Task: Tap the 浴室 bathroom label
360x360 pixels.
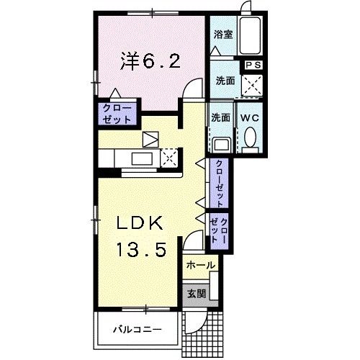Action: pos(222,35)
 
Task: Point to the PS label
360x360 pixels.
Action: pos(253,65)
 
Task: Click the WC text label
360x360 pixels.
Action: pos(250,117)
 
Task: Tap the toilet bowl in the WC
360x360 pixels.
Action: pos(250,138)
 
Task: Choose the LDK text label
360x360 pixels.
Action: pos(142,223)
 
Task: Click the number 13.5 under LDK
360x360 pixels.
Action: pos(142,251)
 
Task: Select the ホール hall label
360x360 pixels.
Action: pos(200,266)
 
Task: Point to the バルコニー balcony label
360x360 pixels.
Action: pos(137,330)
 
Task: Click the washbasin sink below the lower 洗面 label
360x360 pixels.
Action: pos(220,142)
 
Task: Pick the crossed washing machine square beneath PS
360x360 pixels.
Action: pos(253,87)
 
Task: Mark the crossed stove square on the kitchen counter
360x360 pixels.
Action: pos(170,156)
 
